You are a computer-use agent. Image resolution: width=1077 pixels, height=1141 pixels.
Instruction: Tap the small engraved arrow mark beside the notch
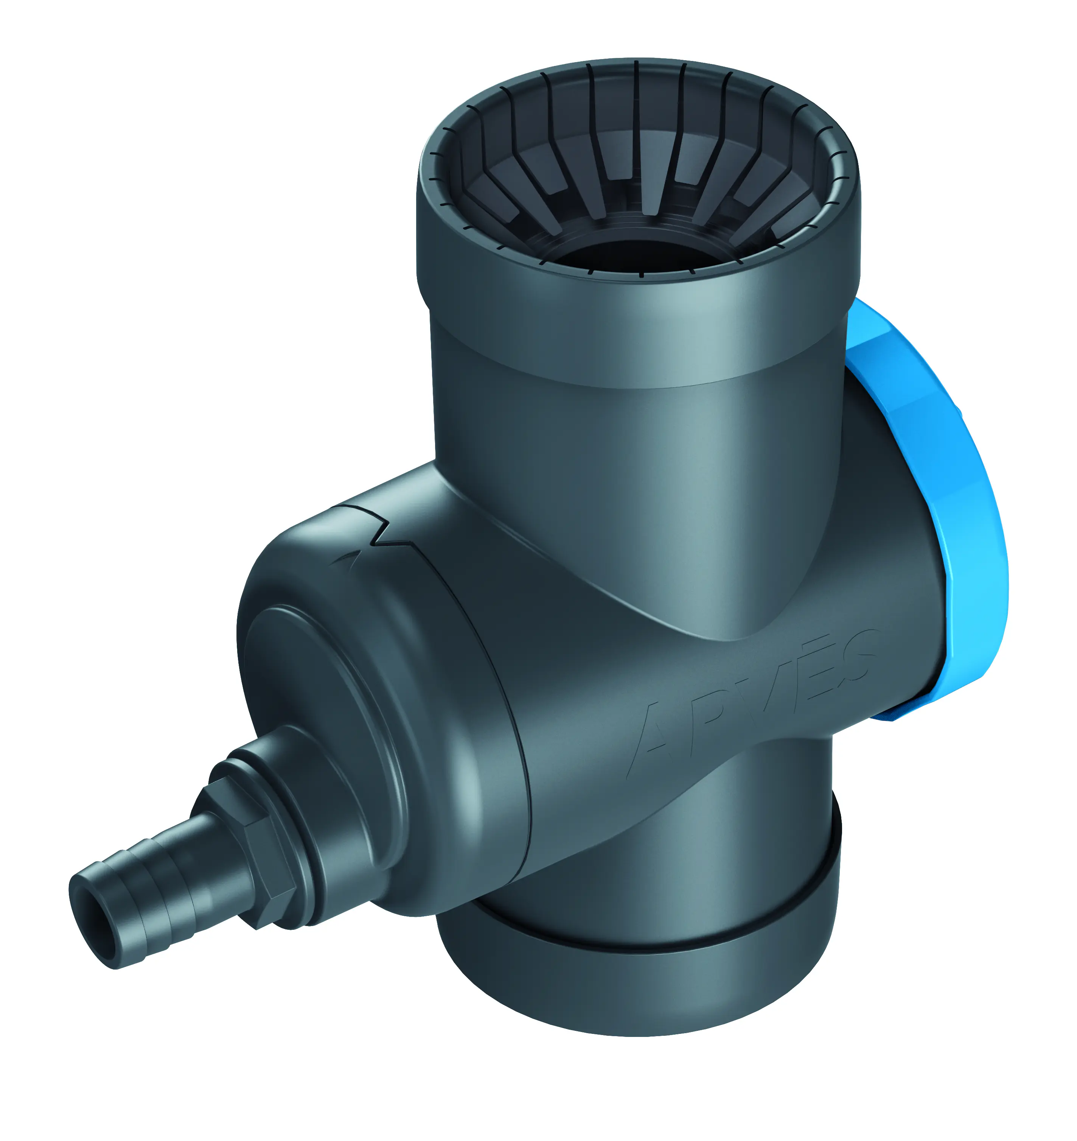[347, 557]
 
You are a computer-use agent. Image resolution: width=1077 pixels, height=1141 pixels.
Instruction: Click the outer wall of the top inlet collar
[631, 322]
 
